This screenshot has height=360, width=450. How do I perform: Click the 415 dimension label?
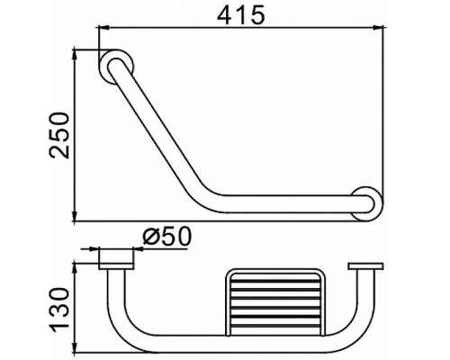pos(241,14)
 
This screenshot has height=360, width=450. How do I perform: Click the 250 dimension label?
pos(59,135)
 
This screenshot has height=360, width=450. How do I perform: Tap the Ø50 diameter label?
pos(166,236)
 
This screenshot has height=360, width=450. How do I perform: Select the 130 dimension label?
pos(59,310)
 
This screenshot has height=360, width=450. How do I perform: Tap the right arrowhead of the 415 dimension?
pos(378,28)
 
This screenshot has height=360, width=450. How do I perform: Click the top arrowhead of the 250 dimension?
pos(75,55)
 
